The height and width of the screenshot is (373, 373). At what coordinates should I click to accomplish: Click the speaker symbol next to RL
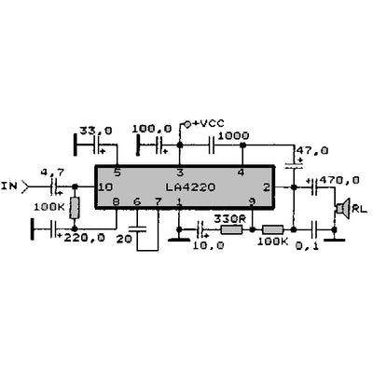(x=342, y=208)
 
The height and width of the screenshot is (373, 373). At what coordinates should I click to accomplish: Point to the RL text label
(x=360, y=209)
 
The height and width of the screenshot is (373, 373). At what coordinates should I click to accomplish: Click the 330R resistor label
(x=228, y=217)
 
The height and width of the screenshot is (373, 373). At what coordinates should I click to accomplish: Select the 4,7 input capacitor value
(x=54, y=172)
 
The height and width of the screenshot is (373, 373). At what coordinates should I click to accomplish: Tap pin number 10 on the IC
(x=105, y=187)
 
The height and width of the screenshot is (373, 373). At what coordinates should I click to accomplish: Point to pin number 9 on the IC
(x=251, y=202)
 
